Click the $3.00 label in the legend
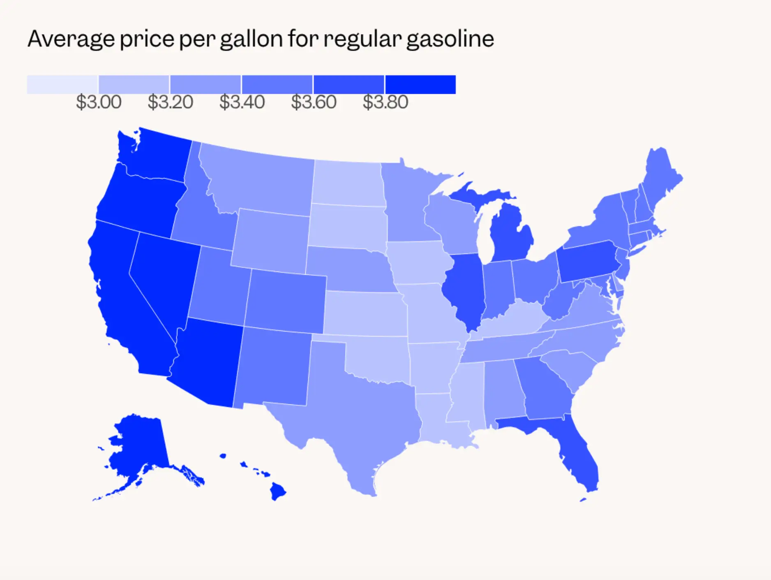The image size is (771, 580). [99, 102]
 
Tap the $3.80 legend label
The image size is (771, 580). [385, 102]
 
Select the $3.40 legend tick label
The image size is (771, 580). [242, 102]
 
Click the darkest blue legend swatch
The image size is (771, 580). [420, 84]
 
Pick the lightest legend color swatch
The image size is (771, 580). [62, 84]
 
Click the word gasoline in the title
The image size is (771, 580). [450, 39]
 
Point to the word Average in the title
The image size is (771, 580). [71, 39]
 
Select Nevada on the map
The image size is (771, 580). [162, 280]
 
